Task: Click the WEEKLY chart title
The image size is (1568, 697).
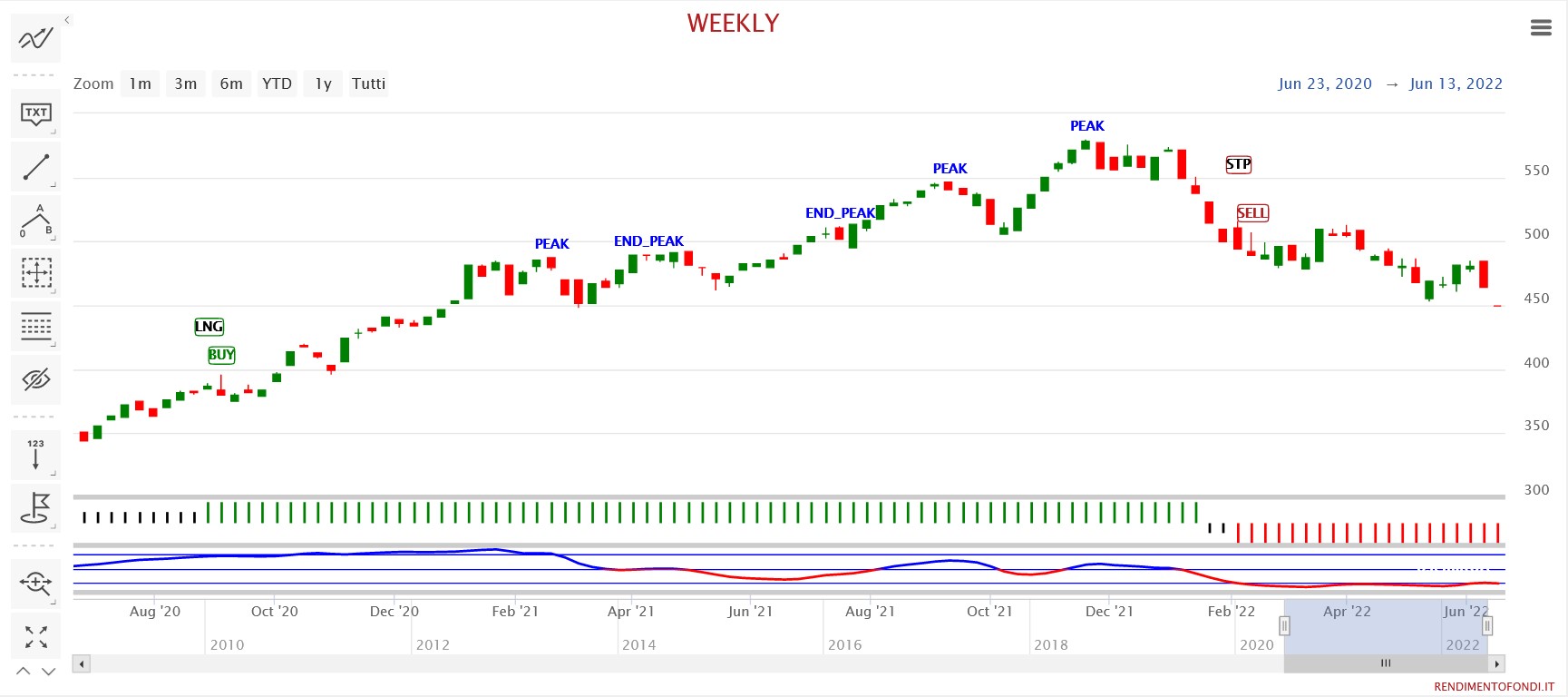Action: (x=733, y=24)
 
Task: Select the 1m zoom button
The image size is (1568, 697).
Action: (x=140, y=83)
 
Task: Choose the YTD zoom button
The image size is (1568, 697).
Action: (x=277, y=83)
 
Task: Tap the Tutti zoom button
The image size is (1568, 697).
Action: (x=368, y=83)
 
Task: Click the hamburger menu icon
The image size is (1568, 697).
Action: (x=1541, y=28)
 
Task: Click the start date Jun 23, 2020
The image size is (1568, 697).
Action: (x=1324, y=83)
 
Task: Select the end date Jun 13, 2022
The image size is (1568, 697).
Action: (x=1456, y=83)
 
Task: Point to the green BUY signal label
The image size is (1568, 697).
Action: (x=221, y=355)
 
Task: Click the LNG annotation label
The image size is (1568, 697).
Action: (x=209, y=327)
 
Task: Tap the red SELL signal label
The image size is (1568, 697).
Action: (x=1252, y=213)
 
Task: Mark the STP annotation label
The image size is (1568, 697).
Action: (x=1238, y=164)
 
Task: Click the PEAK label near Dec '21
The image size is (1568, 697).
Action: (x=1086, y=126)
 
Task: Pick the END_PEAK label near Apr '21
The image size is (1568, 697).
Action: (x=648, y=241)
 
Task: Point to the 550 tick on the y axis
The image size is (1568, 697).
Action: (x=1536, y=171)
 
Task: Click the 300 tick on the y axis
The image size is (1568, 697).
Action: (x=1536, y=490)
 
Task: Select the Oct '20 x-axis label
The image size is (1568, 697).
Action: (x=274, y=612)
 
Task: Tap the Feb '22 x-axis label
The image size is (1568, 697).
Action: (x=1231, y=612)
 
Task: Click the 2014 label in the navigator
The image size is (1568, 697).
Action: (x=638, y=645)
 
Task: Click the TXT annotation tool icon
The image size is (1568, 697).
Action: (x=36, y=113)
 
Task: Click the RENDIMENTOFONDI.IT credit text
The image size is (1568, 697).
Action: (x=1494, y=687)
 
